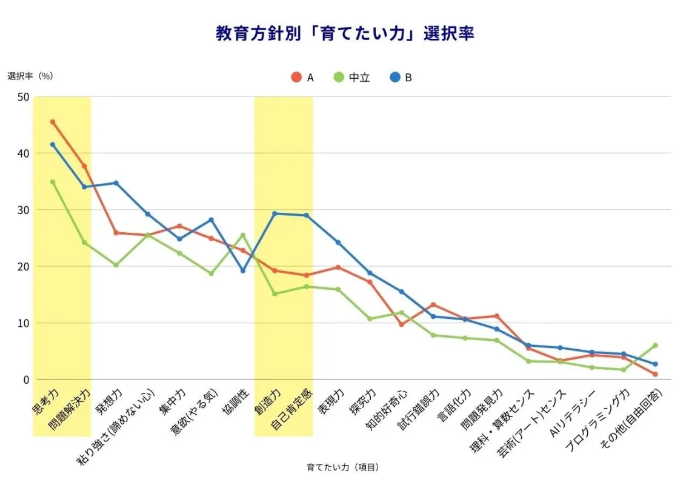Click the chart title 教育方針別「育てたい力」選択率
coord(344,33)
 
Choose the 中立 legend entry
coord(351,78)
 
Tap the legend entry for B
coord(401,78)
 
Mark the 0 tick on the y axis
coord(25,380)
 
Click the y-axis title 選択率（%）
coord(31,76)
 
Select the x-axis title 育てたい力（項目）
coord(343,467)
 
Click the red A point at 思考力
coord(53,122)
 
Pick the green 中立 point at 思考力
coord(53,182)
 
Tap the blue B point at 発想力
coord(116,183)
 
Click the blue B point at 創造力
coord(275,213)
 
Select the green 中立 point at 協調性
coord(243,235)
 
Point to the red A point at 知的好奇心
coord(401,324)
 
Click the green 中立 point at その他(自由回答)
coord(655,346)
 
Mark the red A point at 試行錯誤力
coord(433,305)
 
